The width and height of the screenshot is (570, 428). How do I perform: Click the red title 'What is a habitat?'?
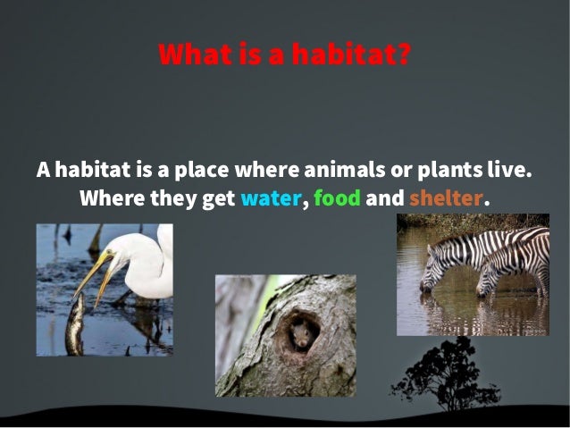[285, 55]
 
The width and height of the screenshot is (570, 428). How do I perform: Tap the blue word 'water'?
[271, 197]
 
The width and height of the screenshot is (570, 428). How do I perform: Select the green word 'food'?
[337, 197]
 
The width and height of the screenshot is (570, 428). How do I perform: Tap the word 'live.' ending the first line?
[508, 169]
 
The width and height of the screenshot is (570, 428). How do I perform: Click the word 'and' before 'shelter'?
[385, 197]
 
